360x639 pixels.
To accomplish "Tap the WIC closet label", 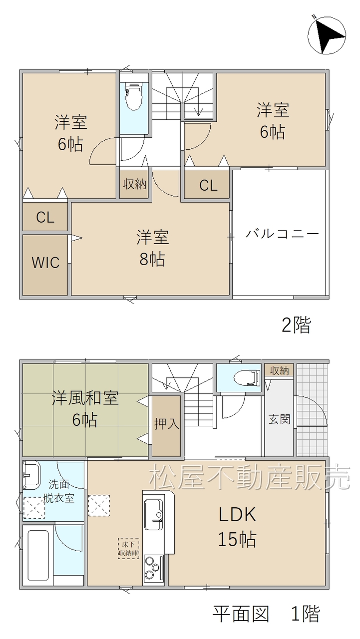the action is coord(45,262).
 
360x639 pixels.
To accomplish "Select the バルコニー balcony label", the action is coord(282,234).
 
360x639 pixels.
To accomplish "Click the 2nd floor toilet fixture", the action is coord(134,97).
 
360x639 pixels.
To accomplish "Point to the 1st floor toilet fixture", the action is coord(247,377).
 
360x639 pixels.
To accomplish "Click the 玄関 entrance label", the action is coord(279,419).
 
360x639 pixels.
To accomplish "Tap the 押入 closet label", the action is coord(167,424).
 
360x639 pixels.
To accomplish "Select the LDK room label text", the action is coord(237,515).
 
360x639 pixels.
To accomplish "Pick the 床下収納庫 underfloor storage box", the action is coord(128,548).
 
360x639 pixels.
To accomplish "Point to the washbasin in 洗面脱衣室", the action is coord(31,474).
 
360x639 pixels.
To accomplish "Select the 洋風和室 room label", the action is coord(85,398).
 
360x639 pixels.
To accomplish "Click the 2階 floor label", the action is coord(296,325).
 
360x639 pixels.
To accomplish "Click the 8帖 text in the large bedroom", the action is coord(152,259).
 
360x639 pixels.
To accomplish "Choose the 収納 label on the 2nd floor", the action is coord(134,184).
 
